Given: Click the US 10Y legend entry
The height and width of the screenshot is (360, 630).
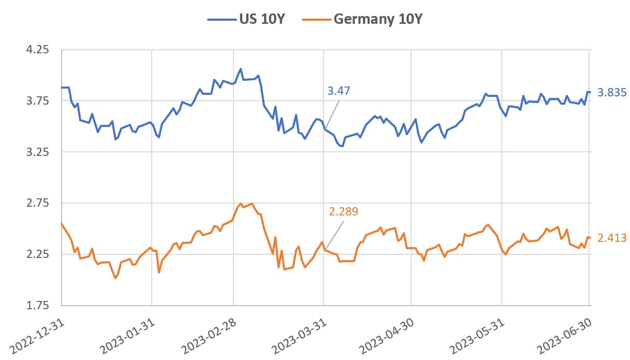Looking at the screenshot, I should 246,19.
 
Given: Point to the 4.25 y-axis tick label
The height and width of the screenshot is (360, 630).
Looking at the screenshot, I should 37,50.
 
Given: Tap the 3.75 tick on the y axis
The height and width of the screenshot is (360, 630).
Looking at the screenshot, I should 37,101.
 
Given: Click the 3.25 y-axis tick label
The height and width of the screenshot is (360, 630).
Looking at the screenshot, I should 37,152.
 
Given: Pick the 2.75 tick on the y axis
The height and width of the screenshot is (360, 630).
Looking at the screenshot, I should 37,203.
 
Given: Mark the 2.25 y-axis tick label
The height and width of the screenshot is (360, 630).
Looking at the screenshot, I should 37,254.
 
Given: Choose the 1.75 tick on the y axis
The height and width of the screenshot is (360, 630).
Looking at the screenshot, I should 37,305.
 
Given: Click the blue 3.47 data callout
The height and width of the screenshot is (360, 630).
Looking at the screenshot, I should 339,91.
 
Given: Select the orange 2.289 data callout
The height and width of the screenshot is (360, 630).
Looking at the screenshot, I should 343,211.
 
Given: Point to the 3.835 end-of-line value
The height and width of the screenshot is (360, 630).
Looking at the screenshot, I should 612,93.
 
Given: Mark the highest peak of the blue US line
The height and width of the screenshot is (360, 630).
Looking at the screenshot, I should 241,68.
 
